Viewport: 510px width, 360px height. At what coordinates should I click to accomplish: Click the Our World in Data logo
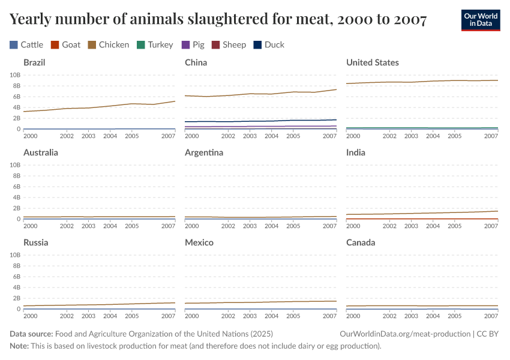(x=480, y=20)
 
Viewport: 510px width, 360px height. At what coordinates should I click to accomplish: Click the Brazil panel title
(x=34, y=62)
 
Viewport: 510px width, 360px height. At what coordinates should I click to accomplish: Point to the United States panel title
(x=372, y=62)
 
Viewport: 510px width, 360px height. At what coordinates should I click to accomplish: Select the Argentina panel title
(x=204, y=152)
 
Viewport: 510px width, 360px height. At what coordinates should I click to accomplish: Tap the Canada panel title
(x=361, y=242)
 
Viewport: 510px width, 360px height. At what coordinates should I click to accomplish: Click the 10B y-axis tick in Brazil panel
(x=16, y=75)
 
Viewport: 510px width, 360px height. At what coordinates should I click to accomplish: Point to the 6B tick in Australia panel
(x=17, y=187)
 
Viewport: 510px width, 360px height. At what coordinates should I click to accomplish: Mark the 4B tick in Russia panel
(x=17, y=287)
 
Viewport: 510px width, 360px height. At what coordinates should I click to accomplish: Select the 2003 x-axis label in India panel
(x=411, y=226)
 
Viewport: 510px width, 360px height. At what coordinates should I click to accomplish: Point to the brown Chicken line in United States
(x=420, y=82)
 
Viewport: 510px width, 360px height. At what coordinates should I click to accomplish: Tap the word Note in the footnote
(x=19, y=346)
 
